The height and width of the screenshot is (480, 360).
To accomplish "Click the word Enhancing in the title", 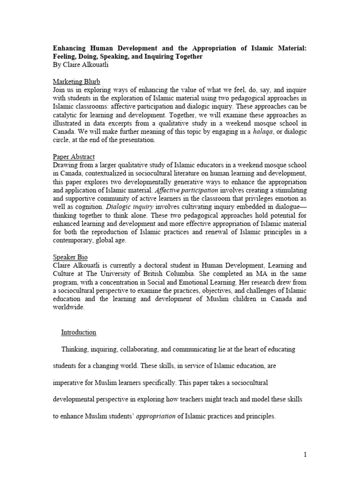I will point(67,48).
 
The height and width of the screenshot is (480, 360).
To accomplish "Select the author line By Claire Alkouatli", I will point(81,65).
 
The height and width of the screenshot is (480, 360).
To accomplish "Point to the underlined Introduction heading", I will point(78,332).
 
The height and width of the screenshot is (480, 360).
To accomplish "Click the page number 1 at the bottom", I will point(305,454).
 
